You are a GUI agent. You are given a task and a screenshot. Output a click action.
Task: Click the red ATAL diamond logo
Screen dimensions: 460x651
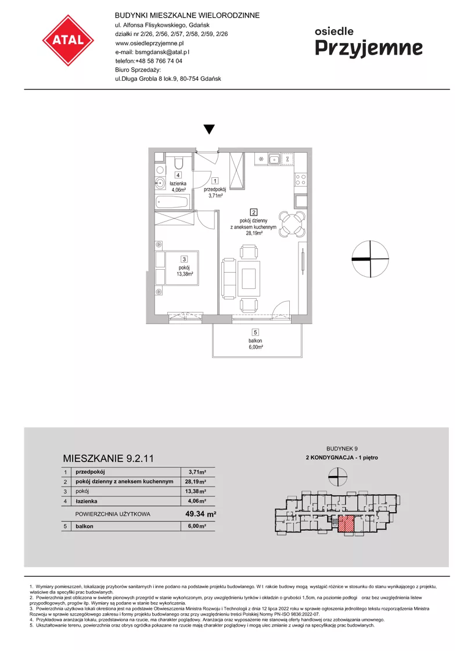(x=68, y=40)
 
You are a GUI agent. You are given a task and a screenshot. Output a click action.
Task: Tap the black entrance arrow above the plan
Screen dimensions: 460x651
(x=210, y=129)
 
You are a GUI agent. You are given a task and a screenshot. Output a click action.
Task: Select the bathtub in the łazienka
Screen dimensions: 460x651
(x=172, y=203)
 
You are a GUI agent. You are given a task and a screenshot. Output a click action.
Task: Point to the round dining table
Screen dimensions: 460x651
(x=292, y=224)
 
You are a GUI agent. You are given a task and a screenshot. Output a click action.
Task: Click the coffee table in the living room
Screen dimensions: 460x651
(x=249, y=278)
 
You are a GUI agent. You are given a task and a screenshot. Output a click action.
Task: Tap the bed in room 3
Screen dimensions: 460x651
(x=177, y=268)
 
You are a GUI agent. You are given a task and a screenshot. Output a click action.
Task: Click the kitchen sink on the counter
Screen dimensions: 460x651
(x=274, y=159)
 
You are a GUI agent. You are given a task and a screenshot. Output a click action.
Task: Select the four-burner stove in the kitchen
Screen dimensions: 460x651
(x=300, y=180)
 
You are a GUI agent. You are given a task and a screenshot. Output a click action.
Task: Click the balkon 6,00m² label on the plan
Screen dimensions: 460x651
(x=256, y=344)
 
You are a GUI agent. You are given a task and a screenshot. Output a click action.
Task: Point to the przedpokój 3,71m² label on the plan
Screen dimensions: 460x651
(x=215, y=192)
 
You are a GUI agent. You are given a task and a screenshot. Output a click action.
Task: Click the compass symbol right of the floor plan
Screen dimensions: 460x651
(x=370, y=259)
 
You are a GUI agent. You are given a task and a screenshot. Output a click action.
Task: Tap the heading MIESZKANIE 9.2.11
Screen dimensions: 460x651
(x=108, y=459)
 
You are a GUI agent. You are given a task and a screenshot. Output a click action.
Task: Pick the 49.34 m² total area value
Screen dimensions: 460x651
(x=201, y=514)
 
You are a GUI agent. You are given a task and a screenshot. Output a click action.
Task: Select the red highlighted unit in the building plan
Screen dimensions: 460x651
(x=346, y=524)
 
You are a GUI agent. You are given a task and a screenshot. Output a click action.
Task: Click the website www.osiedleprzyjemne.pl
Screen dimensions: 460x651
(x=150, y=43)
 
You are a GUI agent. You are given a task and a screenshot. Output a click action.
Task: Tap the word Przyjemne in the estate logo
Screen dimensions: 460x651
(x=369, y=48)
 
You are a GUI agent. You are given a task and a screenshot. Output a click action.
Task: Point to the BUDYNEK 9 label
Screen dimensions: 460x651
(x=342, y=448)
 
